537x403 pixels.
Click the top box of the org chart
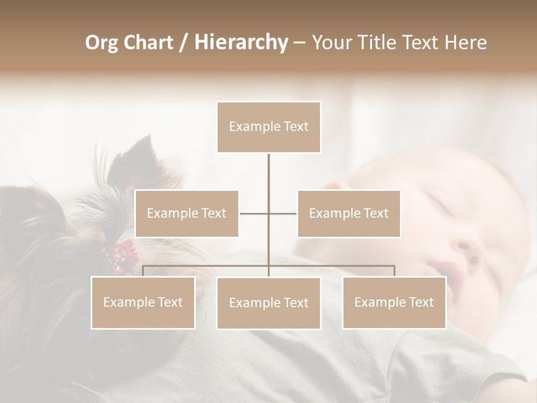click(268, 127)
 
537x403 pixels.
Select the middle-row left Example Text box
click(187, 213)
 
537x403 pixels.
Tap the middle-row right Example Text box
click(348, 213)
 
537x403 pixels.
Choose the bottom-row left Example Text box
click(143, 302)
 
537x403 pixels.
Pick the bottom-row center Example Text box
click(268, 303)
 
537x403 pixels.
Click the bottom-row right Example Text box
click(394, 302)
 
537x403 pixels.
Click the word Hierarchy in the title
click(241, 43)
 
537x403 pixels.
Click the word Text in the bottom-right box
click(421, 302)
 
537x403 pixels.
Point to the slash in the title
click(183, 43)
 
